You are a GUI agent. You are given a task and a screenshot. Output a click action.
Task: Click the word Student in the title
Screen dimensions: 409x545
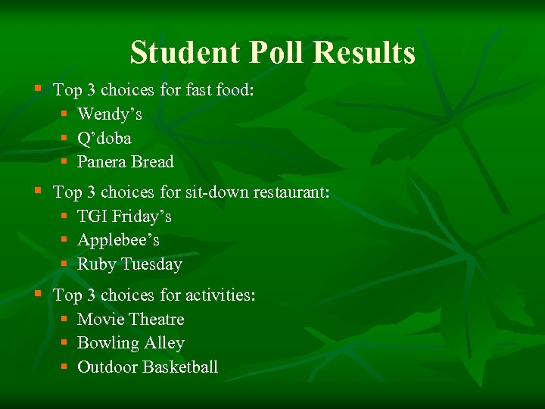[182, 53]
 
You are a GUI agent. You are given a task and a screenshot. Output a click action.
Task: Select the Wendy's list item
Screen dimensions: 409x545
[110, 114]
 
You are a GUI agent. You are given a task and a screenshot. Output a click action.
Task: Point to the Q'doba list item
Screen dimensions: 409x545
[104, 139]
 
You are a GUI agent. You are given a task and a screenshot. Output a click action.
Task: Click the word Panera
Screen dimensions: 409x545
[101, 162]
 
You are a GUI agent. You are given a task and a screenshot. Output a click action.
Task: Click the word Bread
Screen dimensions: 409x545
[152, 162]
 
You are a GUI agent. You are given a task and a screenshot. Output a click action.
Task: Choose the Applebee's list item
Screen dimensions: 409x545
[119, 240]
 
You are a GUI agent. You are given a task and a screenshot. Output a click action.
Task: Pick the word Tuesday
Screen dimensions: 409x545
[151, 264]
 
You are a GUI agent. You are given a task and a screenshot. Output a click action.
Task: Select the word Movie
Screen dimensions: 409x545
[101, 320]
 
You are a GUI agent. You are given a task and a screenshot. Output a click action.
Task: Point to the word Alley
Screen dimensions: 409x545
[164, 343]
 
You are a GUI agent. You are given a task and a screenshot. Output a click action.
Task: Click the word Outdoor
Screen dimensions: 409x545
[107, 367]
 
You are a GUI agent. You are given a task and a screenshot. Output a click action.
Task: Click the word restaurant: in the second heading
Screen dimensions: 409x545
[293, 193]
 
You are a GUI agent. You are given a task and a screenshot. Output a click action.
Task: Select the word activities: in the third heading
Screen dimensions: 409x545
[220, 295]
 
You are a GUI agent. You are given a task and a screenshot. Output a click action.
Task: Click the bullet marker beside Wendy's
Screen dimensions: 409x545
[66, 114]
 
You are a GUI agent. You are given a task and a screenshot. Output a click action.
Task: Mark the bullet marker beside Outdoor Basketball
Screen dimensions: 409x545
[66, 367]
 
